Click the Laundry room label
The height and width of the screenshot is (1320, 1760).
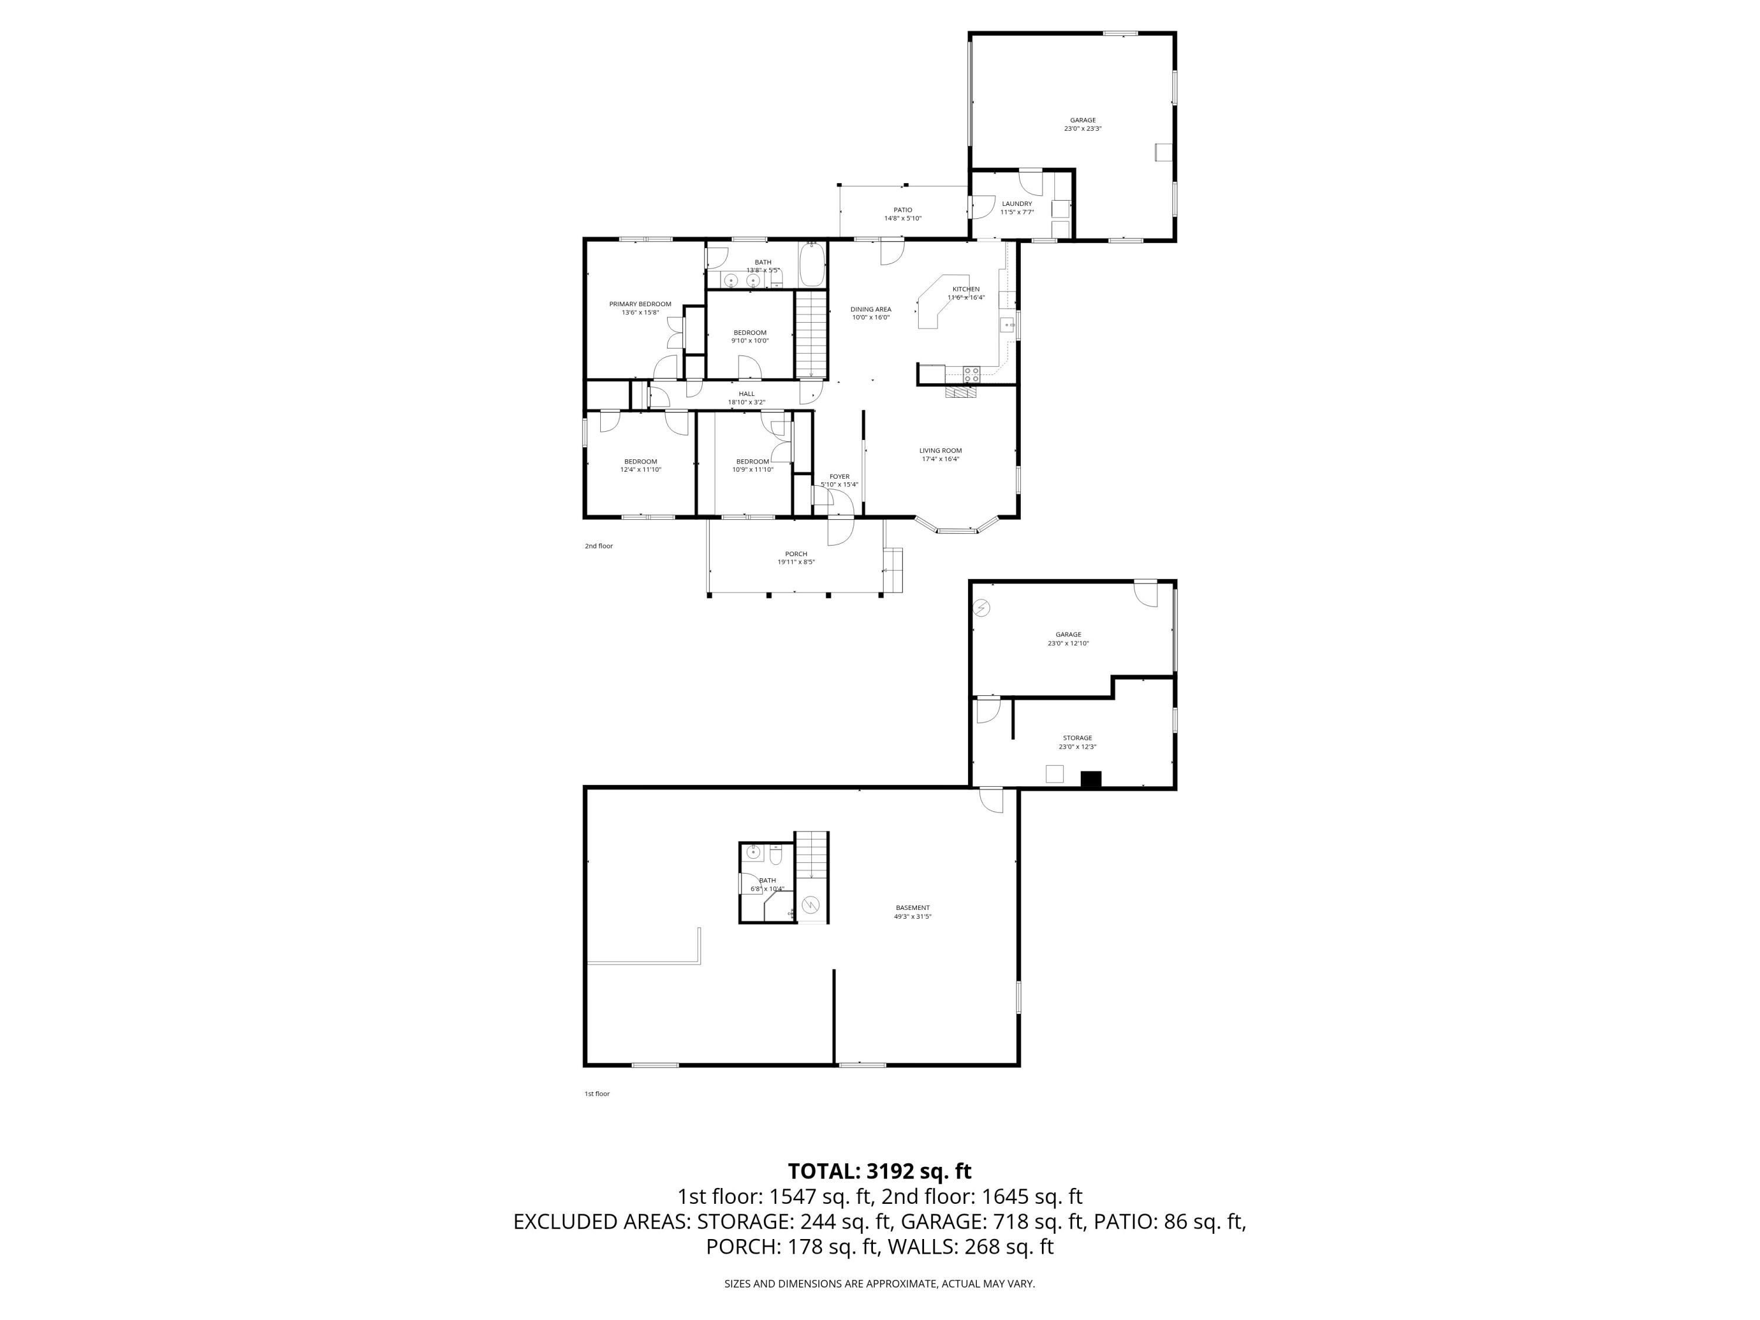coord(1017,204)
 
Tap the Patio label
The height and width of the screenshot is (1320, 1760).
coord(902,210)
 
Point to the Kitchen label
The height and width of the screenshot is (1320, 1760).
coord(966,289)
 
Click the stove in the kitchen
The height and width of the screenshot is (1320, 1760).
coord(972,373)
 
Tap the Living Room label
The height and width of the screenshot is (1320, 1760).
coord(940,451)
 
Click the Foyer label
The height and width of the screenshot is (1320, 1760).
coord(840,476)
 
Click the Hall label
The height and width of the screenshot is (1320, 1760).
coord(746,394)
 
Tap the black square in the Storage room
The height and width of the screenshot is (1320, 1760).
coord(1090,780)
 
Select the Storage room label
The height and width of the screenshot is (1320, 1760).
coord(1077,737)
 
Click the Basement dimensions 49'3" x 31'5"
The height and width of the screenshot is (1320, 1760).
coord(913,916)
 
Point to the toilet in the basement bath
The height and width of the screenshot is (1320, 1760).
coord(777,855)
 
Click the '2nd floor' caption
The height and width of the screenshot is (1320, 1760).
coord(599,546)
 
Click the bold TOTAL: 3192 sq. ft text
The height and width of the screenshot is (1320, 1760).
coord(879,1170)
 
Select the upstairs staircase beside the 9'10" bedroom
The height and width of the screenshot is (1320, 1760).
coord(811,334)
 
